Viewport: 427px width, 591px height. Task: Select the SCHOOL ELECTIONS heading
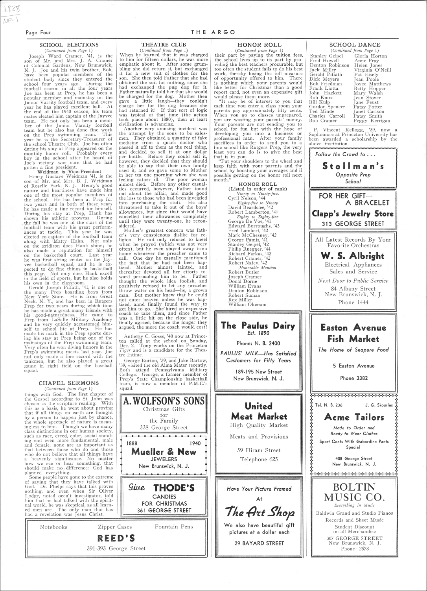(x=69, y=45)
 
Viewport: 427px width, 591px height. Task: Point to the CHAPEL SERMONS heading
(x=69, y=383)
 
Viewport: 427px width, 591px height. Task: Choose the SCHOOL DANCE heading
(x=355, y=45)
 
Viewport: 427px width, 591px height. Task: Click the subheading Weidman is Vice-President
(x=69, y=172)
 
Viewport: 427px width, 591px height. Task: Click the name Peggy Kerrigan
(x=372, y=121)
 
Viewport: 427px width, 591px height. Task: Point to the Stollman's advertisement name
(x=353, y=166)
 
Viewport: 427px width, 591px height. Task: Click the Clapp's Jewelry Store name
(x=353, y=214)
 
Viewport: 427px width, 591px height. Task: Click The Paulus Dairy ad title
(x=258, y=325)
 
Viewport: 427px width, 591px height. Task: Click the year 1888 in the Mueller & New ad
(x=132, y=443)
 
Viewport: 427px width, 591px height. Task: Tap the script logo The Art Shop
(x=259, y=512)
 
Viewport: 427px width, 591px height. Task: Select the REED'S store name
(x=116, y=538)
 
